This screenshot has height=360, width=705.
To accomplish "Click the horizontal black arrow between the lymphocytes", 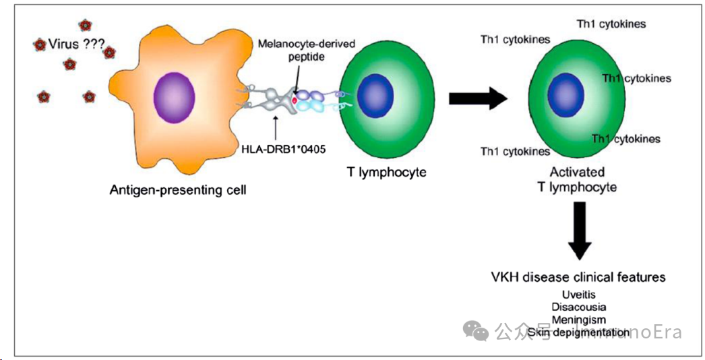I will click(x=478, y=98).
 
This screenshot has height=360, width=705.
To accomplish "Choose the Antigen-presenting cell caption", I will click(x=178, y=190).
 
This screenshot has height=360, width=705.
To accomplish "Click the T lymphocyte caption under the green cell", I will click(x=386, y=172).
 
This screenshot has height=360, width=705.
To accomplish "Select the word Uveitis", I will click(x=578, y=295).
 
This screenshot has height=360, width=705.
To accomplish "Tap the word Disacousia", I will click(x=578, y=307).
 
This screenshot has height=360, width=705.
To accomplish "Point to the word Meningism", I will click(x=578, y=320).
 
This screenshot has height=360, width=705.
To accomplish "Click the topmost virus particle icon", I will click(x=85, y=26).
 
